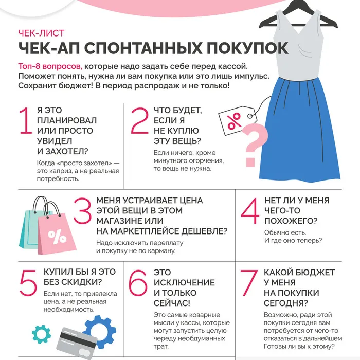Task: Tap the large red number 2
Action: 139,121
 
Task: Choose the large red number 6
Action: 138,282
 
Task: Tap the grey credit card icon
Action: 77,339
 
